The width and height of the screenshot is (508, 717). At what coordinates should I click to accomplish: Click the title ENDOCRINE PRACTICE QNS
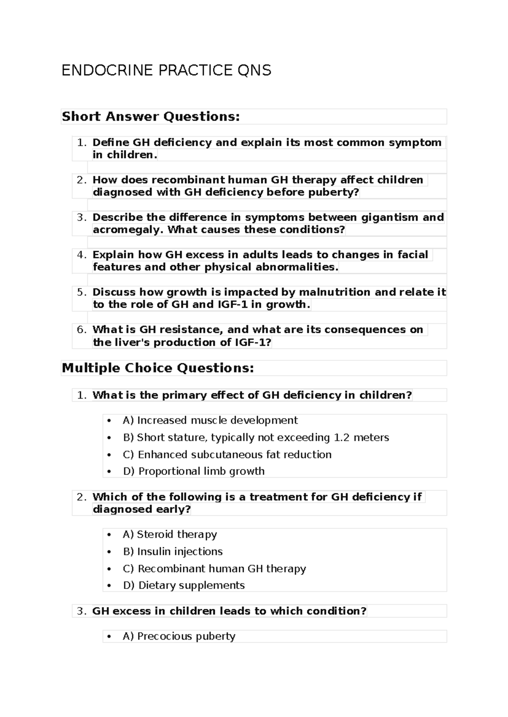coord(166,70)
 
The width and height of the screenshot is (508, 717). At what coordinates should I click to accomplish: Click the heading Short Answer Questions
coord(151,116)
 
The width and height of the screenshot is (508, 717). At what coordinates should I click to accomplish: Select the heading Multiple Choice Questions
coord(158,368)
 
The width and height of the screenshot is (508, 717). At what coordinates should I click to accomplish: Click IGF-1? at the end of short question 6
coord(252,342)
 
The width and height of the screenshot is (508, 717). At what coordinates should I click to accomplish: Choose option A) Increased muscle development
coord(210,420)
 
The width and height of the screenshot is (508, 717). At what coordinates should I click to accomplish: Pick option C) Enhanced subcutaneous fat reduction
coord(227,454)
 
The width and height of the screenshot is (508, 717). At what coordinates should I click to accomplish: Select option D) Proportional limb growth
coord(193,471)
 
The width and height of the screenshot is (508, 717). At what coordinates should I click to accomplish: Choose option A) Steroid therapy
coord(169,534)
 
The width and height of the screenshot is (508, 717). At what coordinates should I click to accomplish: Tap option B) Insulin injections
coord(172,551)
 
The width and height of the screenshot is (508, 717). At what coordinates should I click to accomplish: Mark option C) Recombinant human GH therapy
coord(214,569)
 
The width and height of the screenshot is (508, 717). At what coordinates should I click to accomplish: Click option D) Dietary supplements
coord(184,586)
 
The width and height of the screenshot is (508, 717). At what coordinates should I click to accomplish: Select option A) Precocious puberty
coord(179,636)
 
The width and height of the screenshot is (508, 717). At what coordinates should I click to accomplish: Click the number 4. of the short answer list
coord(81,255)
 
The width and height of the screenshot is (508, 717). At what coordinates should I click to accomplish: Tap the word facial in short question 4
coord(412,255)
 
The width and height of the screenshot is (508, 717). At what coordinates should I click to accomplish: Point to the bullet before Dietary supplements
coord(109,586)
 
